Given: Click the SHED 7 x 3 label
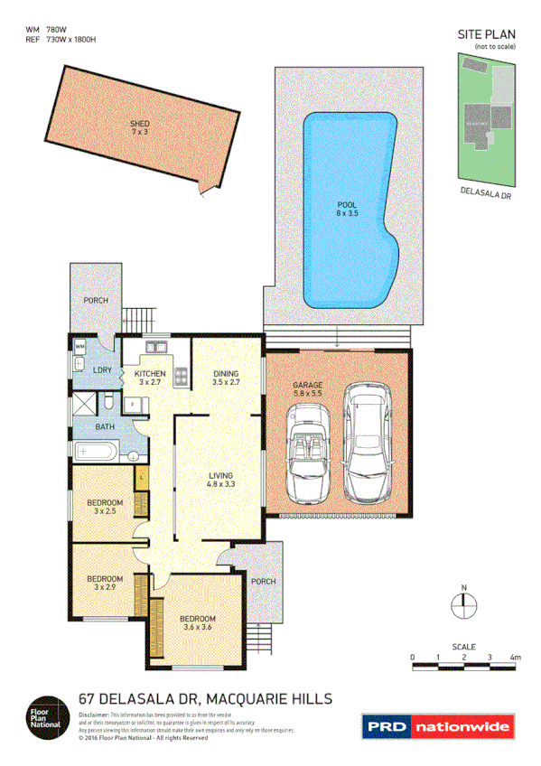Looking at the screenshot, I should tap(138, 127).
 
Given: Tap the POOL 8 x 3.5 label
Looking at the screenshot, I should tap(348, 210).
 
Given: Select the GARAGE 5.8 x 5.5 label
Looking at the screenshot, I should tap(307, 389).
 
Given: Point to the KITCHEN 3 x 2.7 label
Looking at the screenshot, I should tap(151, 378).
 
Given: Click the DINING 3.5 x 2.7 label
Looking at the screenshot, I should tap(226, 378).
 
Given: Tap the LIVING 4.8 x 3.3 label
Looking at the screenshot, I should tap(221, 480).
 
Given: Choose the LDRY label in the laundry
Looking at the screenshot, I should tap(101, 370).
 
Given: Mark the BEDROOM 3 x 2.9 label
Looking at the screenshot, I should tap(105, 584).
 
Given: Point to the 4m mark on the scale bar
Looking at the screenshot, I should tap(515, 657).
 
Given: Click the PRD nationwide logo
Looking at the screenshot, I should tap(437, 725).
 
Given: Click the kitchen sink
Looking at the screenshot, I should tap(154, 346).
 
